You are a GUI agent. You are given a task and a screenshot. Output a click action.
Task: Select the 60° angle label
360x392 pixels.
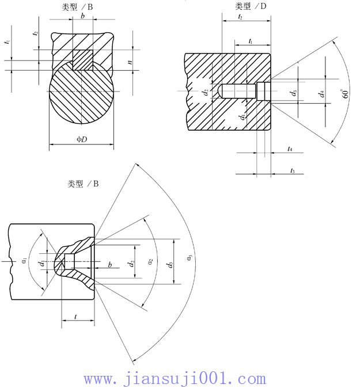click(x=346, y=94)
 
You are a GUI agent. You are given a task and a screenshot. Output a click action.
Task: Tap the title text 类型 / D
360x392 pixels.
click(x=251, y=6)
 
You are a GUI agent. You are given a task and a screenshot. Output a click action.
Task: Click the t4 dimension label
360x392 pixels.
click(x=290, y=149)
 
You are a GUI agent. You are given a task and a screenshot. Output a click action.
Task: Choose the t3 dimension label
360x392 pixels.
click(x=292, y=170)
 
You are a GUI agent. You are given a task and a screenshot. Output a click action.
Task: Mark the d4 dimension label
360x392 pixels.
click(x=322, y=92)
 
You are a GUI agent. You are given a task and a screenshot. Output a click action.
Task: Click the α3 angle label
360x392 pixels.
click(x=189, y=257)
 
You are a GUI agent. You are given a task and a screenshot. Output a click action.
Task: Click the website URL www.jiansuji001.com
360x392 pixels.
click(x=175, y=379)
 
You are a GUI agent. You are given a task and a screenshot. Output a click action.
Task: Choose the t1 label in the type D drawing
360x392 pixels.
click(x=251, y=41)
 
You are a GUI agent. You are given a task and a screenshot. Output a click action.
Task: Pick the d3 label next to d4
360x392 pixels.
click(x=294, y=92)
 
